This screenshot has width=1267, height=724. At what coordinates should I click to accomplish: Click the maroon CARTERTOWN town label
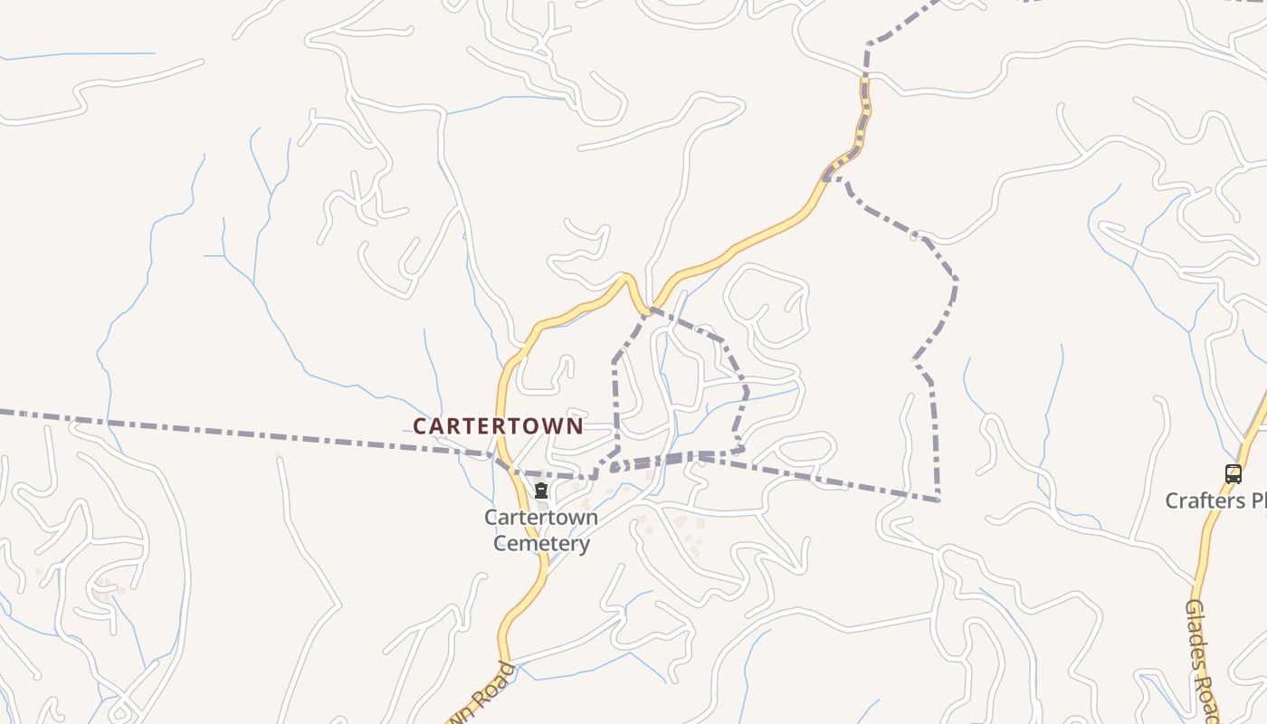498,425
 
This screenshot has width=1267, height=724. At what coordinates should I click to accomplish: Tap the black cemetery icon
541,491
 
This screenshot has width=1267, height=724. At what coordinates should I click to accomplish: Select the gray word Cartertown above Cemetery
541,518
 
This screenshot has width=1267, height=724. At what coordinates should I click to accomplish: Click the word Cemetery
541,543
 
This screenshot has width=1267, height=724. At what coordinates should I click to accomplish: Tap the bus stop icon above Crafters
1234,473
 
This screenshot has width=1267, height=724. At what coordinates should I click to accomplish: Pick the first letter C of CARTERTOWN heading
420,426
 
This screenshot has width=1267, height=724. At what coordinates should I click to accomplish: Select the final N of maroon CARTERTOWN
576,426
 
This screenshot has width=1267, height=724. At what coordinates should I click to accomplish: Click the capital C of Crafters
1173,500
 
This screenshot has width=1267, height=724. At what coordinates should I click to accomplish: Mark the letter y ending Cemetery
585,546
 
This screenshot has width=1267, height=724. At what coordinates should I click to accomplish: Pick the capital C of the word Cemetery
500,543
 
